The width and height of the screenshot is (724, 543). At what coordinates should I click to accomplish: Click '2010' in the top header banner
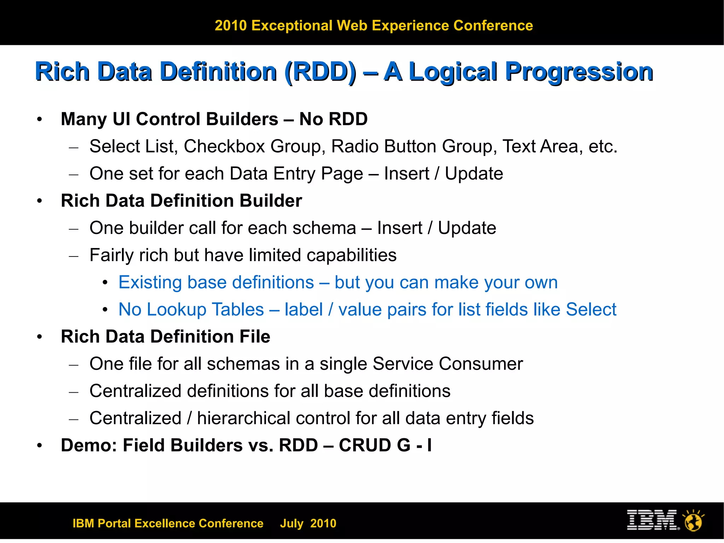click(230, 26)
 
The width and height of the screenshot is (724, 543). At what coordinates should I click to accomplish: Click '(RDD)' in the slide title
click(320, 72)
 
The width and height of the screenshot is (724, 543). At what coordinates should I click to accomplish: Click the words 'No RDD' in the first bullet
click(333, 119)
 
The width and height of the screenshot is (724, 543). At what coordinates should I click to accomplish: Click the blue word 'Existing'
click(150, 283)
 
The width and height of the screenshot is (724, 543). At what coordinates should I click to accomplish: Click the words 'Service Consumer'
click(448, 364)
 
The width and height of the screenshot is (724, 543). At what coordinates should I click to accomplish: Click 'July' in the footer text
click(292, 524)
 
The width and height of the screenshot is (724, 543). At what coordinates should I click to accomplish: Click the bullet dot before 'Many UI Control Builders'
click(40, 120)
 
